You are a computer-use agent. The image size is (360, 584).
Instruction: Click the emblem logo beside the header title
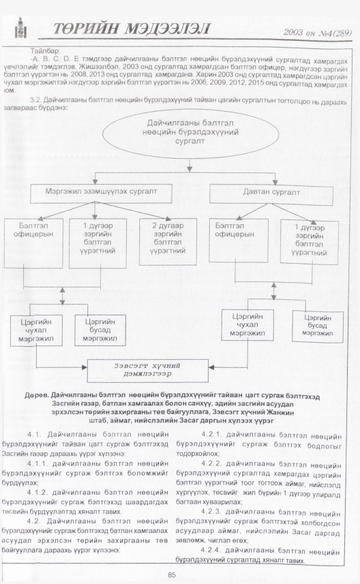[x=20, y=28]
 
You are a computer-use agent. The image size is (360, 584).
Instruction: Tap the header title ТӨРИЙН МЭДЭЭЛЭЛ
[x=132, y=29]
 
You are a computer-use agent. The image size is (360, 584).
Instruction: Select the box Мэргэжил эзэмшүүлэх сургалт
[x=101, y=194]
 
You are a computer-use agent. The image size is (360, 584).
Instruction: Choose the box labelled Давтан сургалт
[x=271, y=194]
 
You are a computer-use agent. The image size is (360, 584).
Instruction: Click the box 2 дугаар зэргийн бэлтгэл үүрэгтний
[x=168, y=242]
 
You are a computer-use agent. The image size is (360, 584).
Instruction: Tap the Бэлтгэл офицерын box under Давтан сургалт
[x=238, y=241]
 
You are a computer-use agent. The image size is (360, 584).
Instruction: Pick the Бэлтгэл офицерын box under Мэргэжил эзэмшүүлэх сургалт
[x=33, y=243]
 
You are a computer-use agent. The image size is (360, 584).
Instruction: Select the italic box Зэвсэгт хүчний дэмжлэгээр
[x=147, y=371]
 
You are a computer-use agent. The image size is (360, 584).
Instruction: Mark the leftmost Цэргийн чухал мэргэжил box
[x=36, y=331]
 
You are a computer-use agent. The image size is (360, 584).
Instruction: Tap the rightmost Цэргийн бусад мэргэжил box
[x=317, y=326]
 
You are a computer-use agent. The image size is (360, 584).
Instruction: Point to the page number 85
[x=171, y=574]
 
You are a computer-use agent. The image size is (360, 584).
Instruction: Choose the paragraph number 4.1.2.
[x=37, y=493]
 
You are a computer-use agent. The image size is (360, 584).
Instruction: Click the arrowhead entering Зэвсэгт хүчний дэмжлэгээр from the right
[x=211, y=367]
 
